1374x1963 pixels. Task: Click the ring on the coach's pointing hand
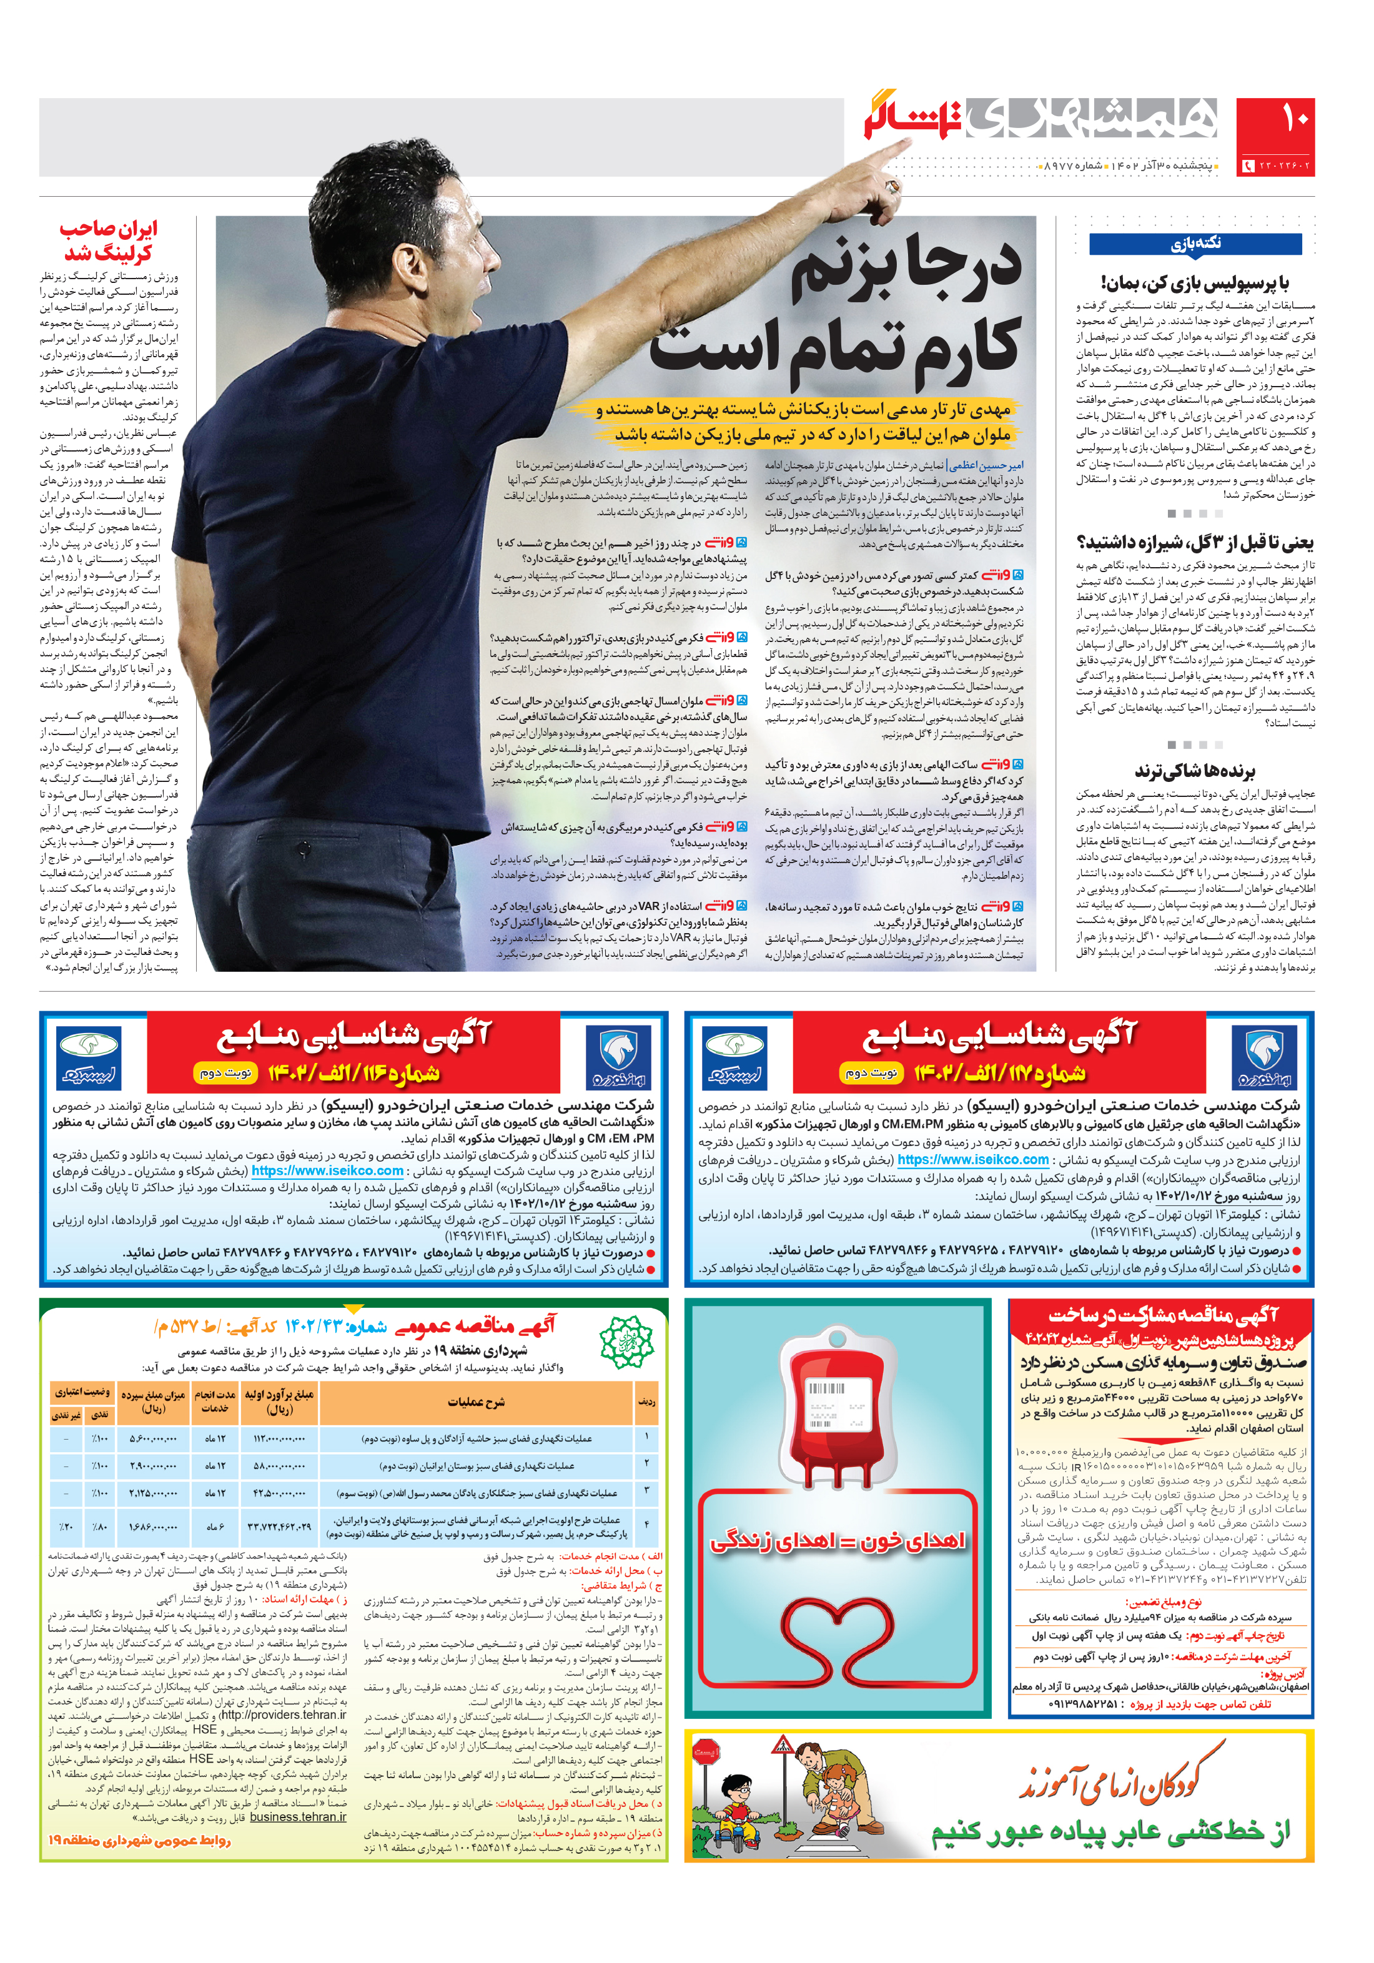click(x=892, y=185)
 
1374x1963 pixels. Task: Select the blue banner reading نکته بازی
click(x=1195, y=244)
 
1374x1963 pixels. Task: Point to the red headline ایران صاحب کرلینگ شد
click(x=109, y=241)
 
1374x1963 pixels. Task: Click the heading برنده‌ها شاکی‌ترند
click(x=1195, y=772)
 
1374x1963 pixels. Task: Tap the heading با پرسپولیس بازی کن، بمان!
click(x=1195, y=282)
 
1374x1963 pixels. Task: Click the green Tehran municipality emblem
click(x=626, y=1342)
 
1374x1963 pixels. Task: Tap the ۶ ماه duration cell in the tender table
click(x=215, y=1526)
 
